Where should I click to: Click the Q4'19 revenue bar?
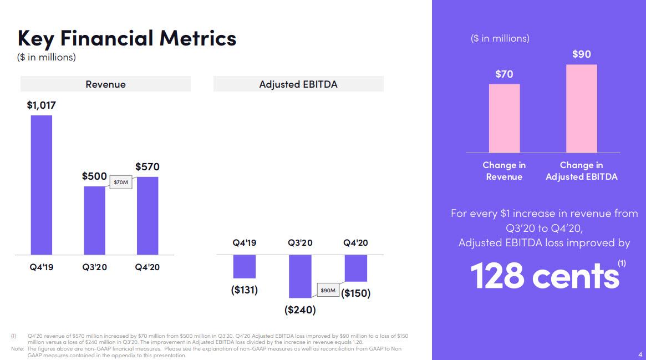tap(41, 185)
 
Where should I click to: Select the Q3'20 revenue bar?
tap(94, 220)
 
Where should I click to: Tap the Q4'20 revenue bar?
tap(147, 215)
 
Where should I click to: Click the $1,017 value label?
tap(41, 105)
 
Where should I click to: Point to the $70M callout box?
tap(120, 182)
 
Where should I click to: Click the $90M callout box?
tap(327, 290)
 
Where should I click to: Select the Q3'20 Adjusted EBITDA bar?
tap(300, 276)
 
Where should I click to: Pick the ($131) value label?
tap(245, 290)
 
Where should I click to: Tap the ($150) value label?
tap(355, 293)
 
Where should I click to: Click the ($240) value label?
tap(300, 310)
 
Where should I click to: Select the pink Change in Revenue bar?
tap(504, 118)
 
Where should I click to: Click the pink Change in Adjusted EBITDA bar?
tap(582, 109)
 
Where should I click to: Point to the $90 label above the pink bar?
tap(582, 54)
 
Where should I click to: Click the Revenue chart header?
tap(105, 84)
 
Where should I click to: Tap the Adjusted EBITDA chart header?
tap(298, 84)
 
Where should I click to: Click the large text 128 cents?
tap(545, 276)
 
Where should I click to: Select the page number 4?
tap(639, 354)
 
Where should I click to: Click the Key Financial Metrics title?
tap(127, 38)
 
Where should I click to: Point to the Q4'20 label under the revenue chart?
tap(147, 267)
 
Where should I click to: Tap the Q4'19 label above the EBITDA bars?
tap(245, 243)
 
